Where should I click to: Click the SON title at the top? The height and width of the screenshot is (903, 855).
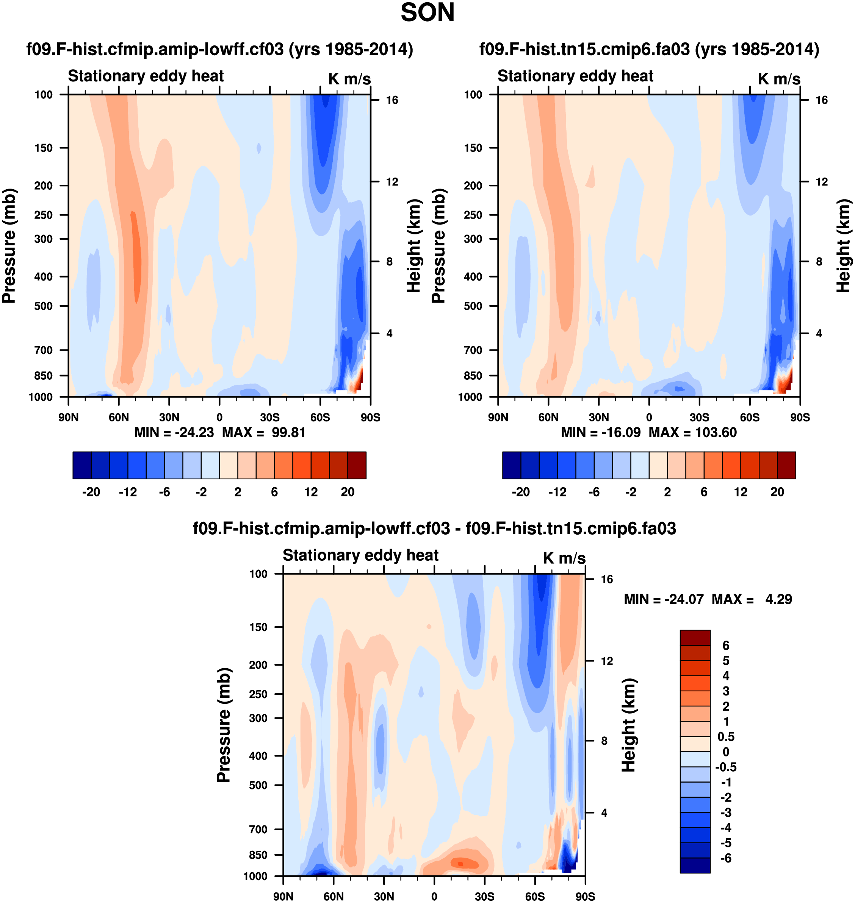coord(427,13)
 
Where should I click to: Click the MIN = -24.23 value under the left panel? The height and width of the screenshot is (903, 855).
coord(174,432)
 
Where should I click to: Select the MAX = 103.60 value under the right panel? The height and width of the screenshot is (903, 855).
coord(692,432)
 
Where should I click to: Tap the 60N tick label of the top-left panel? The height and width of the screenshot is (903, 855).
coord(119,417)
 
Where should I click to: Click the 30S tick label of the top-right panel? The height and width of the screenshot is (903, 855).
coord(699,417)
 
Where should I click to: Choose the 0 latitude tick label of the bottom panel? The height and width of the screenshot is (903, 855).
coord(434,896)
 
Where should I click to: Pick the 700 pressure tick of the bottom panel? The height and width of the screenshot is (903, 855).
coord(258,829)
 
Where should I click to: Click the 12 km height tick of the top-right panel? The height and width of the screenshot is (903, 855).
coord(821,182)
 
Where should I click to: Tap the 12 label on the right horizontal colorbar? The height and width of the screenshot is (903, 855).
coord(741,492)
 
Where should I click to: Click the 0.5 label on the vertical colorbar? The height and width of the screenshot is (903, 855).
coord(725,736)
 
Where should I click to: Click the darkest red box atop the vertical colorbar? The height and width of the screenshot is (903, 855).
coord(695,638)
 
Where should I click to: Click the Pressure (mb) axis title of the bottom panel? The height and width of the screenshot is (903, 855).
coord(224,725)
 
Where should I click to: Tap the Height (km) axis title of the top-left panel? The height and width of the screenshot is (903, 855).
coord(413,246)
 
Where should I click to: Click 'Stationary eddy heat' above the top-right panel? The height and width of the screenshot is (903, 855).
coord(575,76)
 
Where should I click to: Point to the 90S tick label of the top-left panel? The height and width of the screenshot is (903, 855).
coord(370,417)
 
